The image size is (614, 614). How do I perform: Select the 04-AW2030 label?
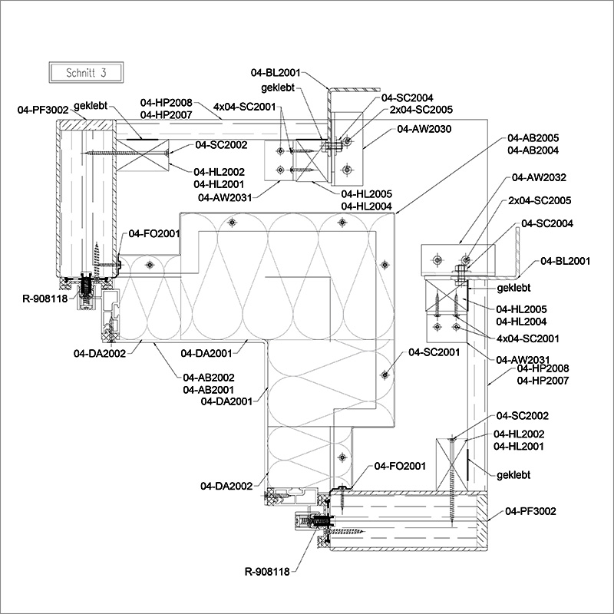click(x=424, y=129)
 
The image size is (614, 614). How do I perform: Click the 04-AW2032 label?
click(x=539, y=177)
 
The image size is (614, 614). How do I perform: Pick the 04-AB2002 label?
click(x=209, y=377)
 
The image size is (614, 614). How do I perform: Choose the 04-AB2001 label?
click(x=209, y=389)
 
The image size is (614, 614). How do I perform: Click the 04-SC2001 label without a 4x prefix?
click(x=434, y=352)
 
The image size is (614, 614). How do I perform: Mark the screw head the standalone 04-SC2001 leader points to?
click(x=384, y=375)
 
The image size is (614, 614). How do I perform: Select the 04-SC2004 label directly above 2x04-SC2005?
click(x=408, y=97)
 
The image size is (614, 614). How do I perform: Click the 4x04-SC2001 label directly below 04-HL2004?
click(x=527, y=338)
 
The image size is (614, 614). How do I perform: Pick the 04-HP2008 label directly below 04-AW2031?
click(x=543, y=369)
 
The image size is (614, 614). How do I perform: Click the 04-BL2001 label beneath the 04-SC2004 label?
click(x=566, y=261)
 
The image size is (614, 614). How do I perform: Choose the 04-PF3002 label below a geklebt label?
click(x=530, y=511)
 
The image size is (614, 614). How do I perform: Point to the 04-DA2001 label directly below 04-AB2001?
click(x=226, y=401)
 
